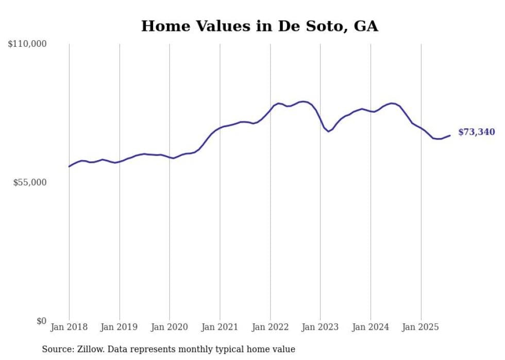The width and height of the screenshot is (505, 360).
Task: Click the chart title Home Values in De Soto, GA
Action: click(x=259, y=26)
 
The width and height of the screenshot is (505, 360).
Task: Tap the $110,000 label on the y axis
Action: click(x=27, y=44)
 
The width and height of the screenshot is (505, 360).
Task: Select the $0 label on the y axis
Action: click(x=41, y=321)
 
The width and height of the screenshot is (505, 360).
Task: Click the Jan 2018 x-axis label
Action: click(x=69, y=327)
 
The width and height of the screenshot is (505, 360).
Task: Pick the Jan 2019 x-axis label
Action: click(x=120, y=327)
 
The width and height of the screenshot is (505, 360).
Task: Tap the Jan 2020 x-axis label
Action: click(x=170, y=327)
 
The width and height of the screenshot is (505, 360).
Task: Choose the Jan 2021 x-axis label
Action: click(x=220, y=327)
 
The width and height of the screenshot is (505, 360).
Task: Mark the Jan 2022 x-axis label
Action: click(x=270, y=327)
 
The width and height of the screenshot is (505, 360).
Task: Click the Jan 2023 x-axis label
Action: click(x=321, y=327)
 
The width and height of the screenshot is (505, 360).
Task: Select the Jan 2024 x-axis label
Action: click(x=371, y=327)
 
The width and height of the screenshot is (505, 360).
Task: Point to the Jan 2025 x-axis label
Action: click(x=421, y=327)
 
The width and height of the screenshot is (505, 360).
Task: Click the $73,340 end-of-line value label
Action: click(x=476, y=132)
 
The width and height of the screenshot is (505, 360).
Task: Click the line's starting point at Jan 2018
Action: click(x=69, y=166)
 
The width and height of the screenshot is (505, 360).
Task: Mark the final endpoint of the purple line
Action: click(x=450, y=135)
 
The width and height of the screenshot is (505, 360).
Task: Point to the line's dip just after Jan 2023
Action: click(x=328, y=131)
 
